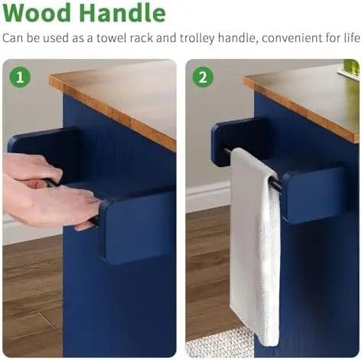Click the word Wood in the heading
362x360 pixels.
pyautogui.click(x=37, y=13)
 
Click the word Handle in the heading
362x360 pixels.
pyautogui.click(x=122, y=13)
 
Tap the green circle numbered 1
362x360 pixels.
pyautogui.click(x=20, y=77)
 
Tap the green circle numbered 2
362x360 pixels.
pyautogui.click(x=203, y=77)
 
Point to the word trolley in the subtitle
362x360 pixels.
pyautogui.click(x=197, y=39)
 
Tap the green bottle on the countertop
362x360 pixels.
pyautogui.click(x=351, y=68)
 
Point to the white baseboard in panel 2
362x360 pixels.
pyautogui.click(x=208, y=196)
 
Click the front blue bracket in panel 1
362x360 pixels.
pyautogui.click(x=136, y=227)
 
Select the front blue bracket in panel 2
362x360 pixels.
pyautogui.click(x=315, y=195)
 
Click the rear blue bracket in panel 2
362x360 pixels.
pyautogui.click(x=236, y=139)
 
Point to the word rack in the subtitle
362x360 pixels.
pyautogui.click(x=142, y=38)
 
